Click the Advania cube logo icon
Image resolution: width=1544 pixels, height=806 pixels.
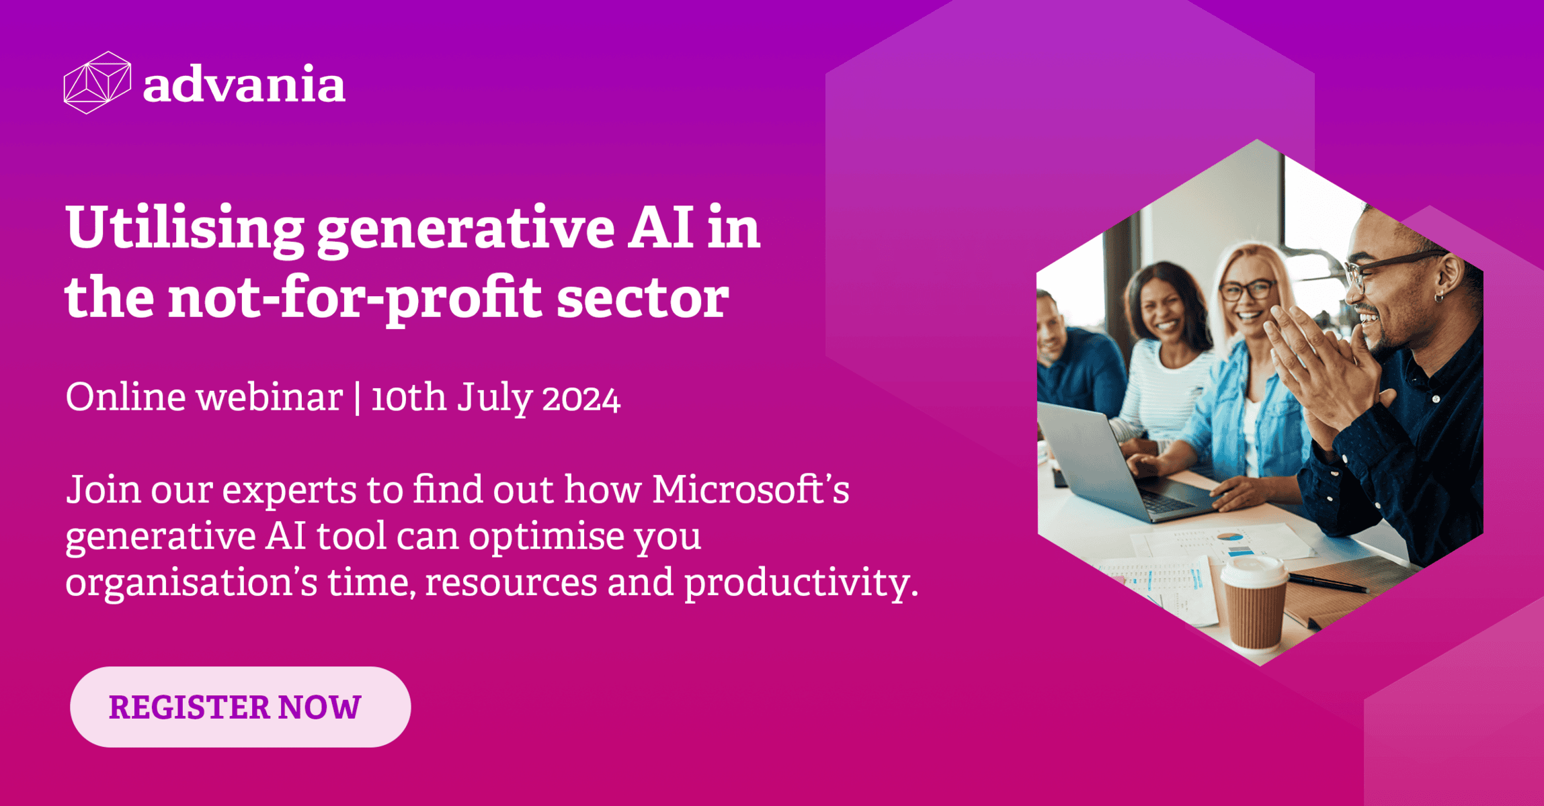pos(97,83)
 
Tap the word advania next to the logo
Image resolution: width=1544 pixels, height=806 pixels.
pos(244,85)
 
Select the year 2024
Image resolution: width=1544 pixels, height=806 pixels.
pos(581,400)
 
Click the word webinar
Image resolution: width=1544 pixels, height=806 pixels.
pos(270,397)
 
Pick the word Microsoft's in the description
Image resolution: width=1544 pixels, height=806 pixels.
pos(751,490)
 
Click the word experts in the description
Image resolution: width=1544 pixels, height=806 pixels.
pos(289,492)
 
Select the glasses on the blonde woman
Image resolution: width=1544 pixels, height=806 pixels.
pos(1248,291)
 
